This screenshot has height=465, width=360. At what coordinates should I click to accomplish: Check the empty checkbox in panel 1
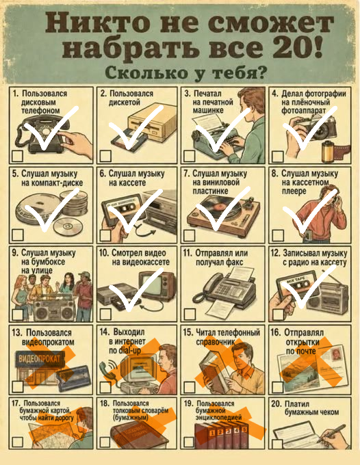click(x=17, y=156)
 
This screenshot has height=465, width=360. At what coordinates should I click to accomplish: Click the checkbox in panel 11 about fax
click(x=190, y=314)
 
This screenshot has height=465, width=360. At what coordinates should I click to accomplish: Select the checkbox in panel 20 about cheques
click(x=277, y=444)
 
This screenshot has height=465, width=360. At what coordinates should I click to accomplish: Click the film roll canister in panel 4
click(x=328, y=151)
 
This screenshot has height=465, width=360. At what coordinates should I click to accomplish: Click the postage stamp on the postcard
click(x=336, y=354)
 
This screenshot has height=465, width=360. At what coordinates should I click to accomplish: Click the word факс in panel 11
click(x=233, y=263)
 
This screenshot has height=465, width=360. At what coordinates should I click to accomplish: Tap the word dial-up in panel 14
click(x=129, y=350)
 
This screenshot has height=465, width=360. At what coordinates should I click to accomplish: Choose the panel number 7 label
click(x=186, y=173)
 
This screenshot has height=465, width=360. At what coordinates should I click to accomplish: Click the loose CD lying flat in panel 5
click(x=68, y=227)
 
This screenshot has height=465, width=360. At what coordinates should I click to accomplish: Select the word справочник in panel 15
click(x=215, y=342)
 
